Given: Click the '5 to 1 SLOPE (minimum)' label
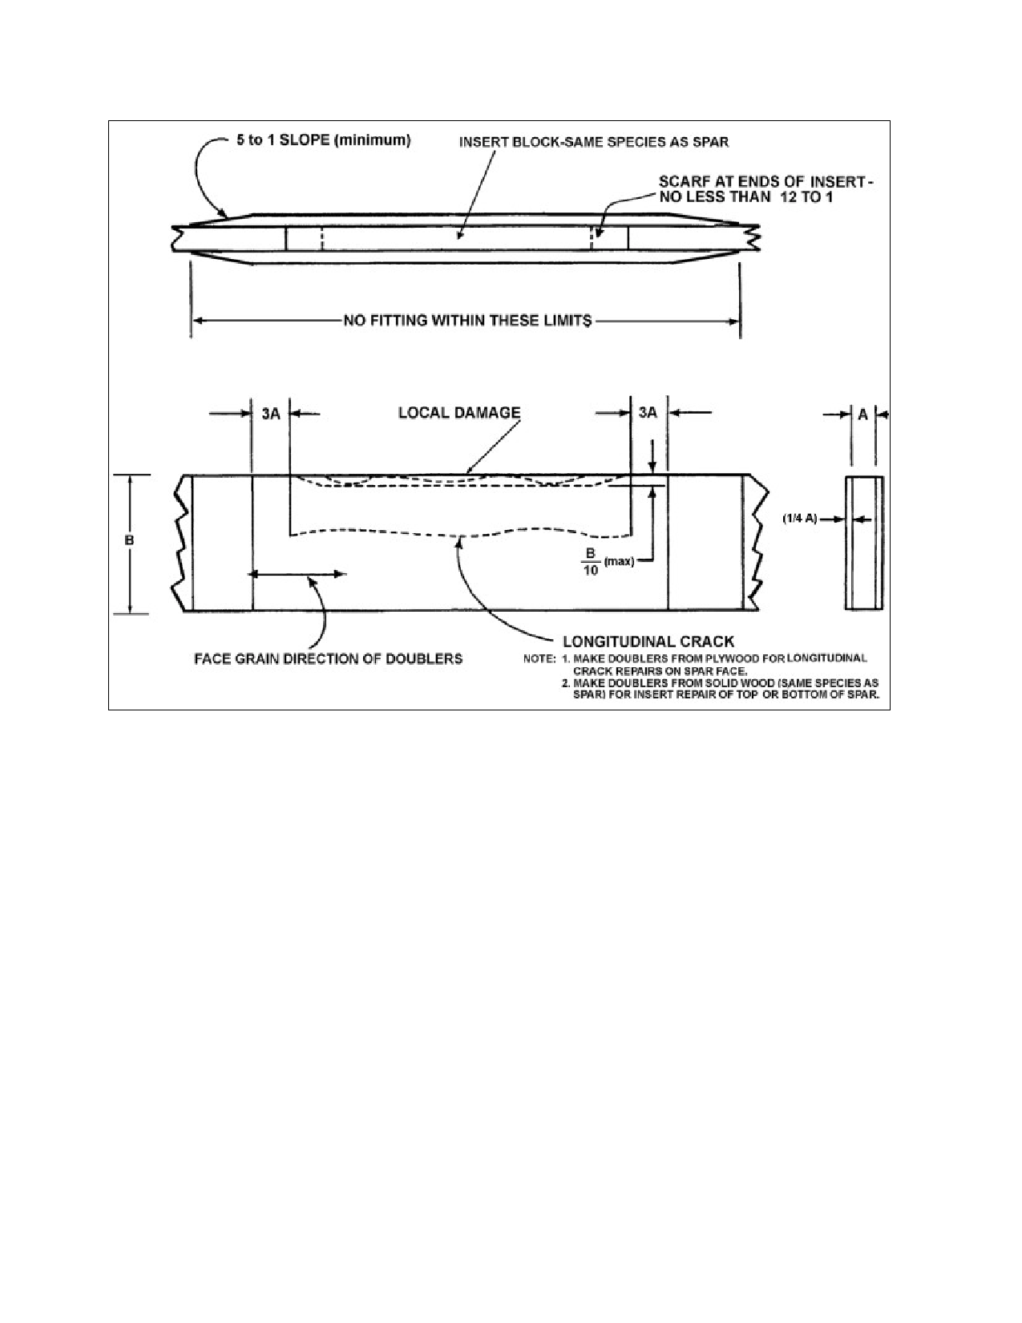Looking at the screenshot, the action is click(x=323, y=140).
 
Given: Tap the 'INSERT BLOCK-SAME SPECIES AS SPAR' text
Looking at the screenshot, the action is click(x=593, y=143).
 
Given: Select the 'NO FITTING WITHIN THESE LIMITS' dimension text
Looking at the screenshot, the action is click(x=467, y=320).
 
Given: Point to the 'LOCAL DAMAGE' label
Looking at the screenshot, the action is click(x=459, y=413).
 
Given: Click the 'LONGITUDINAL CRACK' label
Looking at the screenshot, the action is click(x=648, y=641).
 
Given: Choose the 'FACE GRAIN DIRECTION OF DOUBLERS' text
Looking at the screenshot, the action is click(x=328, y=659).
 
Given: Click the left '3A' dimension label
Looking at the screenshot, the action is click(x=271, y=414).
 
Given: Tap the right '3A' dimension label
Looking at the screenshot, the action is click(x=648, y=413).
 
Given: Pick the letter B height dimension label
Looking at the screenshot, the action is click(x=129, y=540).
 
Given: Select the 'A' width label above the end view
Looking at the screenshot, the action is click(x=862, y=415).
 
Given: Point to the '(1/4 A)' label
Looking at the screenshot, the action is click(x=800, y=519).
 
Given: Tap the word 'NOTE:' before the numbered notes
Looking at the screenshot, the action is click(x=539, y=659).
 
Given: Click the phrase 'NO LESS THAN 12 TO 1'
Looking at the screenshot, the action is click(x=745, y=197).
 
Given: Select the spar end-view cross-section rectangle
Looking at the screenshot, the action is click(x=864, y=543).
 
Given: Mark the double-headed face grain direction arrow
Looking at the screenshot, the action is click(x=297, y=573).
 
